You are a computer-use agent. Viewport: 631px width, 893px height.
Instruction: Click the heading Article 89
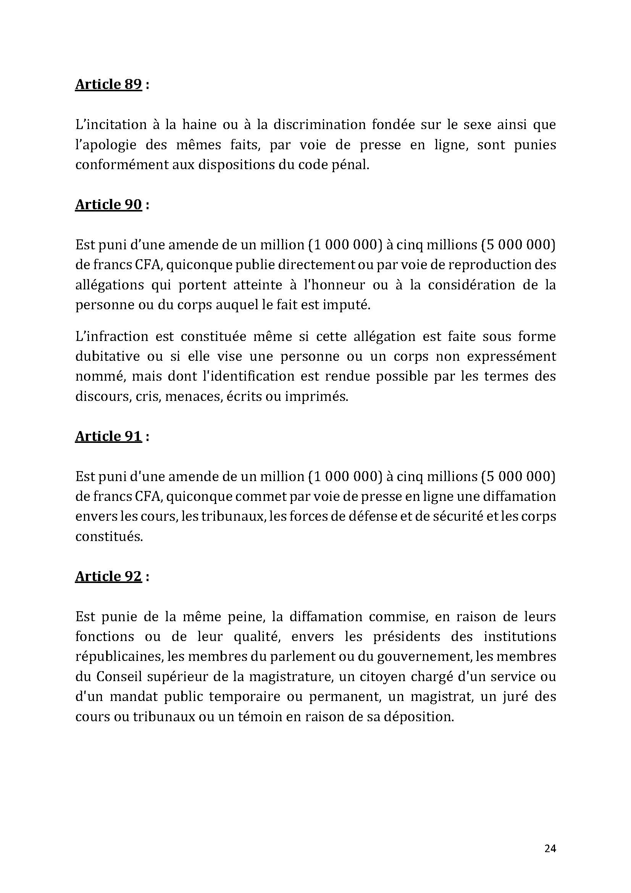click(108, 84)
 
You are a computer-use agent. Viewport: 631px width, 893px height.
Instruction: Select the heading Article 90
click(108, 205)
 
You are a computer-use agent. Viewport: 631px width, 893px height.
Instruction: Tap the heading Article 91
click(108, 436)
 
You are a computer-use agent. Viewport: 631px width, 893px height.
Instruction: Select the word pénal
click(350, 165)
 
